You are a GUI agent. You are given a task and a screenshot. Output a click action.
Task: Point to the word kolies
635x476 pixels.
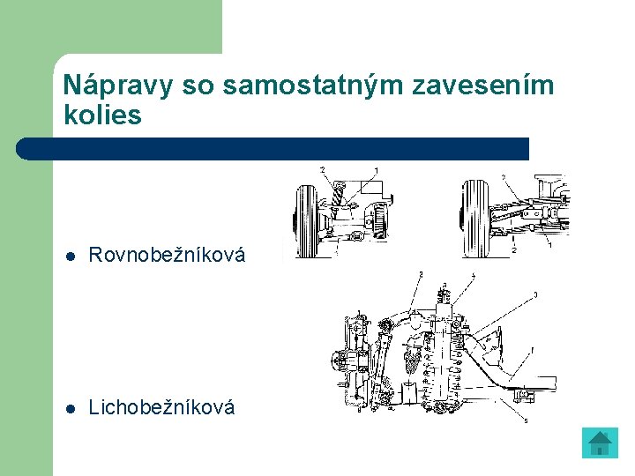pos(103,115)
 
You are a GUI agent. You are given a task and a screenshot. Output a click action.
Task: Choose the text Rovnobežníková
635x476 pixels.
pos(167,256)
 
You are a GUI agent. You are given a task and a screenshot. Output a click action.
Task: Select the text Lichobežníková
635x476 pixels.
pos(162,407)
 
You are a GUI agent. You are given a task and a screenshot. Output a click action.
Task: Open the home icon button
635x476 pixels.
pos(601,443)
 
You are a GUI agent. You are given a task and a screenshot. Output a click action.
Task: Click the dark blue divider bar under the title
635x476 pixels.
pos(273,148)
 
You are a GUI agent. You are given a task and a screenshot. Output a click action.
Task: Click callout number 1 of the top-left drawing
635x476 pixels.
pos(377,169)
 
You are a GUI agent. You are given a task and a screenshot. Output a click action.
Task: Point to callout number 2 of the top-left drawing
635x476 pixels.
pos(322,169)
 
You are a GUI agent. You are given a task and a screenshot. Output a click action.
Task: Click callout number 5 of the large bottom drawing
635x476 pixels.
pos(527,421)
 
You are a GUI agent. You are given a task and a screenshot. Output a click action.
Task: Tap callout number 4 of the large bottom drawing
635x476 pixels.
pos(473,277)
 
